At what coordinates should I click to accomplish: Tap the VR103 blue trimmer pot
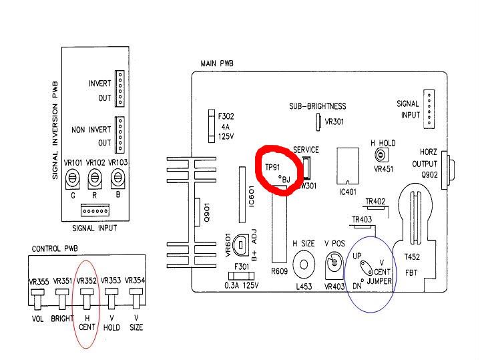tap(118, 177)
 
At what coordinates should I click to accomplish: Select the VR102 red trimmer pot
tap(95, 177)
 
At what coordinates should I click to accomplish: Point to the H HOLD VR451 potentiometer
tap(381, 156)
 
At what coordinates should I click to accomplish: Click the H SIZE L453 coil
tap(304, 264)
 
